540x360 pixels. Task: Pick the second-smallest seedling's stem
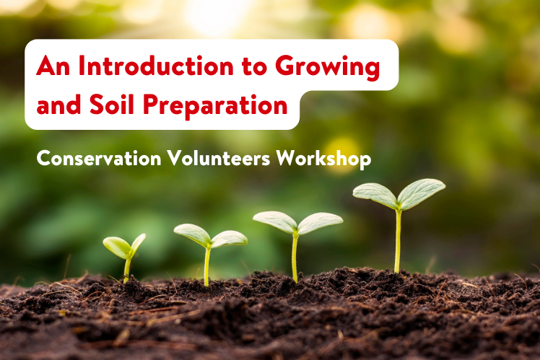[x=207, y=265]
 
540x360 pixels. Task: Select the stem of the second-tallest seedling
[x=295, y=256]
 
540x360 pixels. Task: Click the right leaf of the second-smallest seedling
[x=229, y=238]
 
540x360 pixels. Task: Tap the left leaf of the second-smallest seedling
[x=192, y=234]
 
